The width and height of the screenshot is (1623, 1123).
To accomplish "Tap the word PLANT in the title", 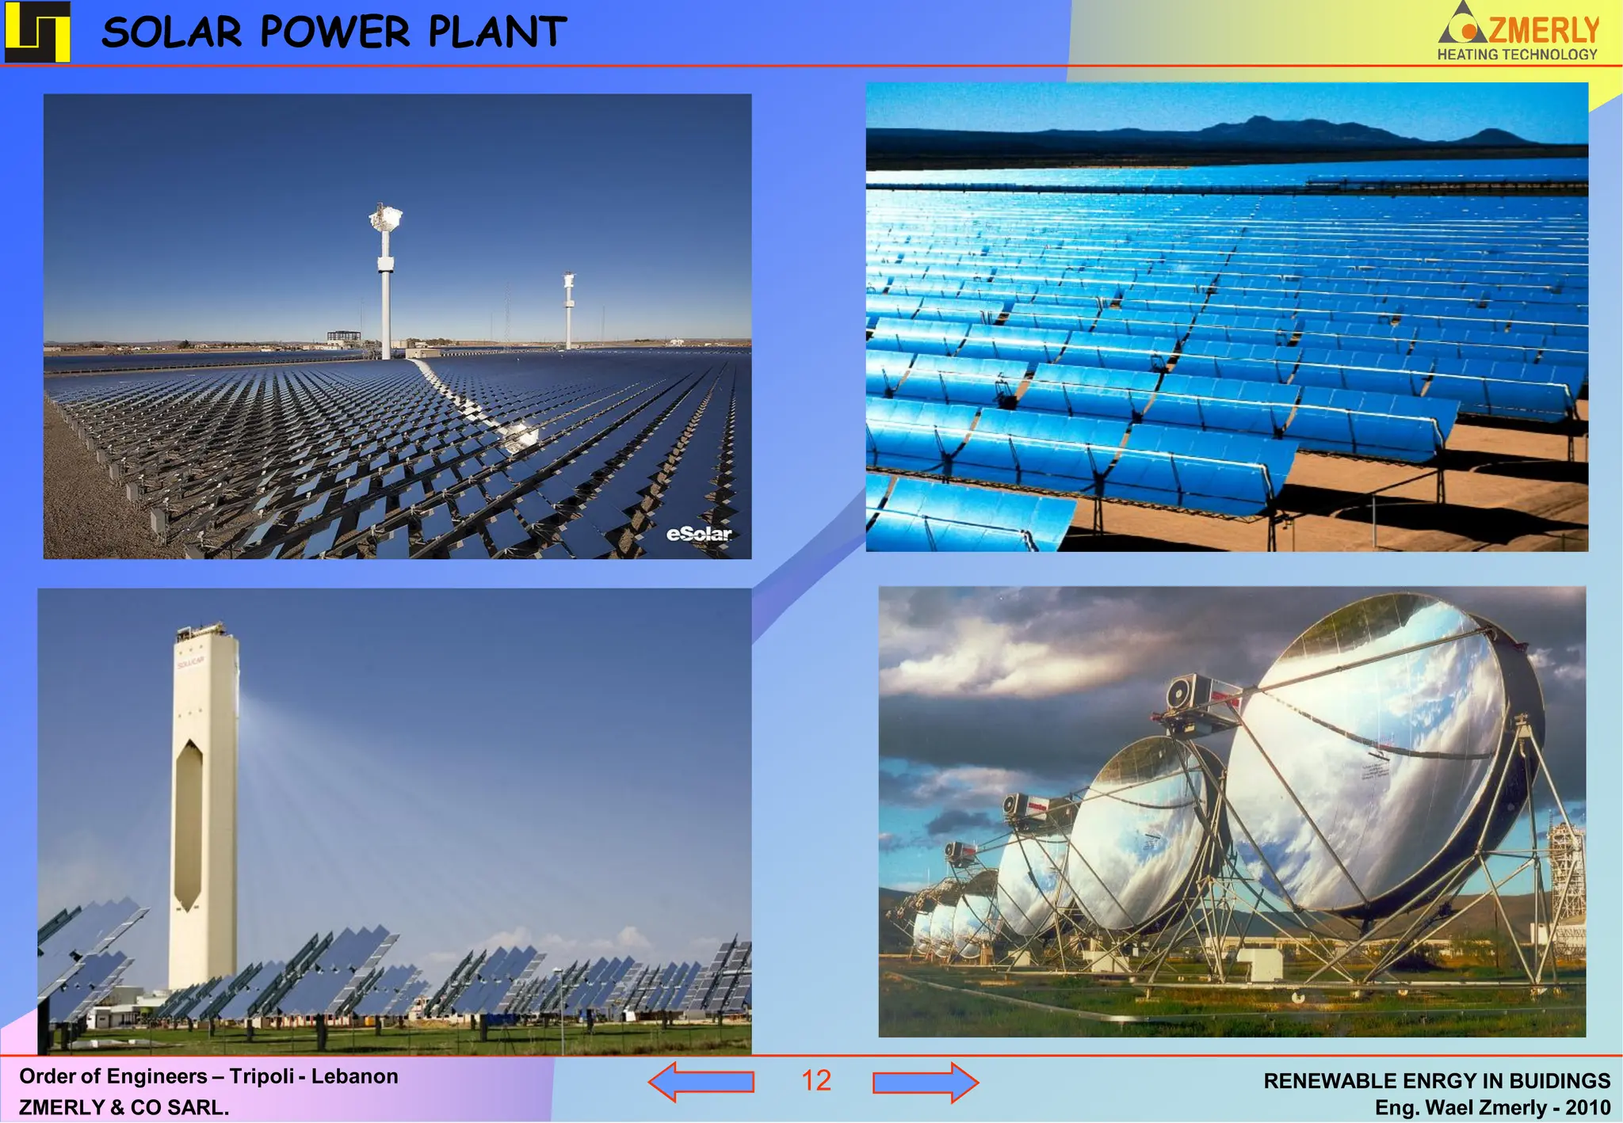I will point(497,33).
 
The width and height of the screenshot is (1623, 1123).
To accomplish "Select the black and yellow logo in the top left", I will point(37,32).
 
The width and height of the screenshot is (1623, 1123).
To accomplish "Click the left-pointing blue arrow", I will point(701,1082).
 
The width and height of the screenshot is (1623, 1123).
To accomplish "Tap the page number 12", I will point(815,1081).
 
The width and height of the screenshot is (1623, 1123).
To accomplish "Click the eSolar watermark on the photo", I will point(699,534).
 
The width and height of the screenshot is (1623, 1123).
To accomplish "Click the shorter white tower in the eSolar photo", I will point(569,313).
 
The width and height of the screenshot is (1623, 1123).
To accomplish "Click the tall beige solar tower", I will point(204,800).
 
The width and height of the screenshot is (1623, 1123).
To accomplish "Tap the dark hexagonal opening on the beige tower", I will point(189,824).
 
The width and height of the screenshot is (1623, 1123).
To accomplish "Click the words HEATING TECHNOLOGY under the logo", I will point(1517,55).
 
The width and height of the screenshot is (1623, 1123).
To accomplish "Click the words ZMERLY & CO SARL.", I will point(124,1107).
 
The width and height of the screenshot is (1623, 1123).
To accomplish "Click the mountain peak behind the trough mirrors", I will point(1257,120).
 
